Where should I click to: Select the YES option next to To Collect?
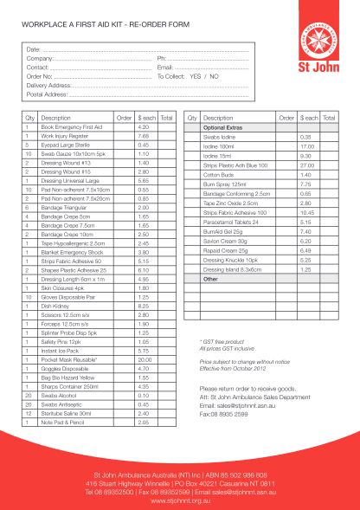click(x=195, y=76)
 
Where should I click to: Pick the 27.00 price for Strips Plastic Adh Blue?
click(x=305, y=165)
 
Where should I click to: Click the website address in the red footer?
click(x=180, y=499)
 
